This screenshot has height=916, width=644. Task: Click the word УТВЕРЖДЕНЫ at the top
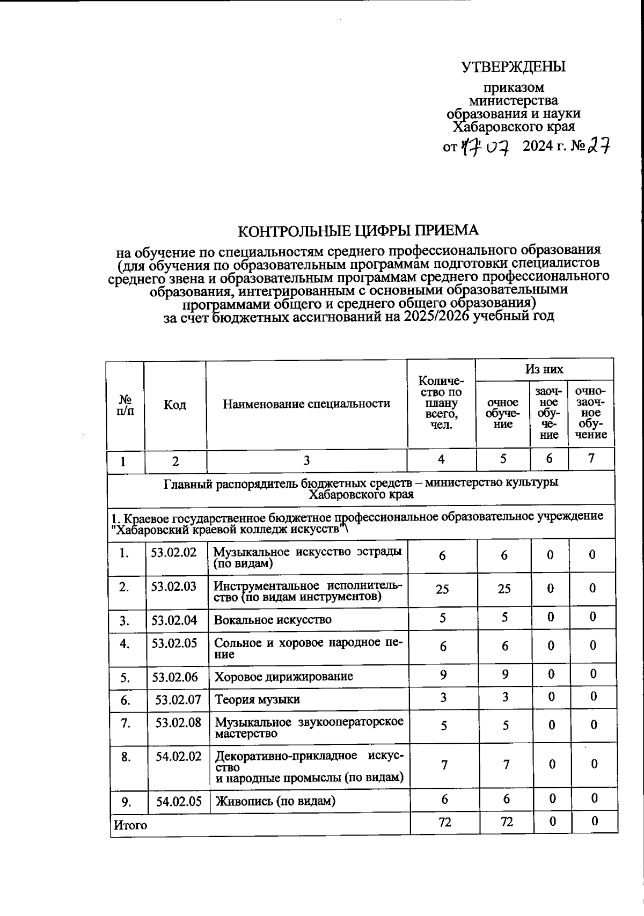coord(514,67)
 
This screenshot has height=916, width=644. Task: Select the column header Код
coord(175,405)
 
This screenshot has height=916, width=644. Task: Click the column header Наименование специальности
coord(306,404)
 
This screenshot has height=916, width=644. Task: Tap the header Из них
coord(544,369)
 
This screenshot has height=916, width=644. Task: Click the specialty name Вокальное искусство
coord(273,620)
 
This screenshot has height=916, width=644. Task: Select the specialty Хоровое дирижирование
coord(284,676)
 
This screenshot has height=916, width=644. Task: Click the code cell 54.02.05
coord(179,801)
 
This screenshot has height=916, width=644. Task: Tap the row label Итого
coord(129,825)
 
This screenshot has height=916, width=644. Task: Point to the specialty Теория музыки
coord(257,699)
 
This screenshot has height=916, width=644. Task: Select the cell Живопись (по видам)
coord(275,801)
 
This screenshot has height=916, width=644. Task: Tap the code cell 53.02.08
coord(178,722)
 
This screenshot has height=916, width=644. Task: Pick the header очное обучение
coord(502,413)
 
